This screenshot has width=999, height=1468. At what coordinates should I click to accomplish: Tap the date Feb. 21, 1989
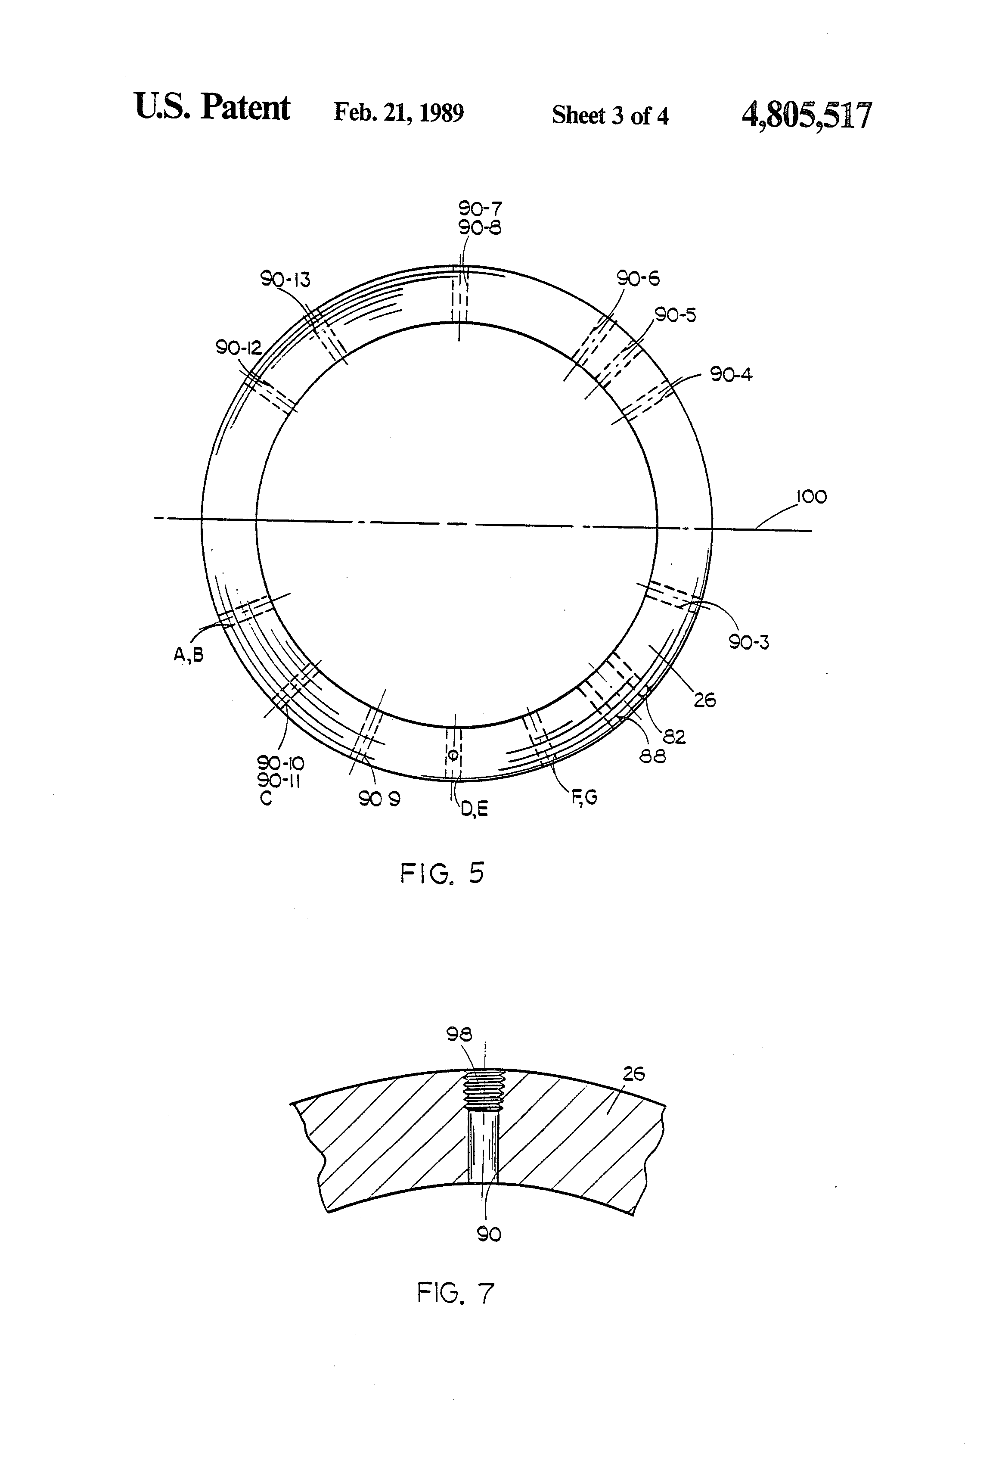tap(398, 113)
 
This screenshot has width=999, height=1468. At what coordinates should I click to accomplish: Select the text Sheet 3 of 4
tap(610, 115)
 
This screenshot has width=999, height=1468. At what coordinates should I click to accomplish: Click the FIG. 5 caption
tap(442, 873)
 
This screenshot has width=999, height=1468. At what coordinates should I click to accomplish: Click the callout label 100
tap(811, 497)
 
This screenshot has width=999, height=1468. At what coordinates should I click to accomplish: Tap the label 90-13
tap(285, 279)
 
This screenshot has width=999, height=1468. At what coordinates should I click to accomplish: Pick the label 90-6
tap(638, 278)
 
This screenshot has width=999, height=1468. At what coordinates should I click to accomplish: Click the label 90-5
tap(675, 314)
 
